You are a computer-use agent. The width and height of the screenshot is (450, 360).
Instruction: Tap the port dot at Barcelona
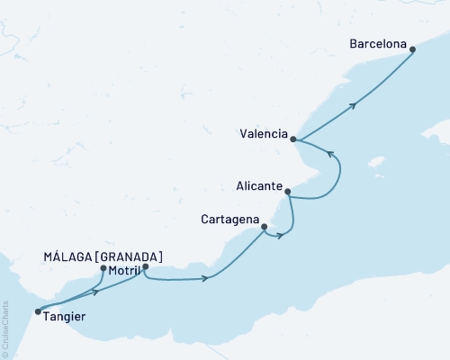point(413,50)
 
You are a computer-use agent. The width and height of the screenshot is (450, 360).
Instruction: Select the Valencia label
point(264,138)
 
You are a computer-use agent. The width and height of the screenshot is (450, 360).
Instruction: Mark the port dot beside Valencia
point(293,139)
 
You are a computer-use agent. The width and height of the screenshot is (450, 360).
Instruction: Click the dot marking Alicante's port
point(287,192)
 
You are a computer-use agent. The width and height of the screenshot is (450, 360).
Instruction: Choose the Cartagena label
point(229,219)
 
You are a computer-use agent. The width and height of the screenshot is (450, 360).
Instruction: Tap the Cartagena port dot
point(264,228)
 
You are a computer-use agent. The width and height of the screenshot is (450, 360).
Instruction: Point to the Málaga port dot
point(103,268)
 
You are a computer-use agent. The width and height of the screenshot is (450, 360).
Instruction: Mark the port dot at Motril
point(145,267)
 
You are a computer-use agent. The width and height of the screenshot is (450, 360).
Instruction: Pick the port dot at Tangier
point(38,312)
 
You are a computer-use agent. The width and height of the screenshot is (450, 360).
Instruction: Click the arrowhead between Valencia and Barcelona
point(354,105)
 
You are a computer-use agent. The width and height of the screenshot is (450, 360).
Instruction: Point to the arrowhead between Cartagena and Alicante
point(281,237)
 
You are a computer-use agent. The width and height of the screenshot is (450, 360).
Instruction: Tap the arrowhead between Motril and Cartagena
point(206,278)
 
